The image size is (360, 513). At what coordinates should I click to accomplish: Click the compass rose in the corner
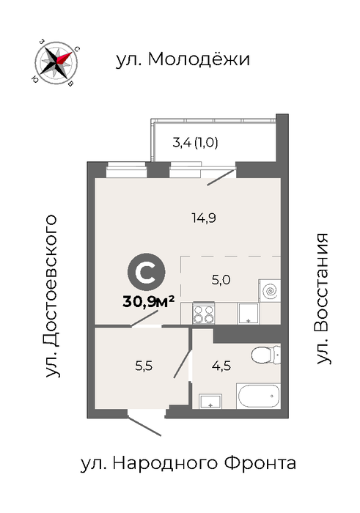(x=56, y=62)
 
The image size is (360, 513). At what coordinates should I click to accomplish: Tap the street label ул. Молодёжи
(x=183, y=59)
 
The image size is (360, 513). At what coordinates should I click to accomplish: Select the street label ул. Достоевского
(x=51, y=296)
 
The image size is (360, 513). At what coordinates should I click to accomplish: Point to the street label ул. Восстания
(x=323, y=299)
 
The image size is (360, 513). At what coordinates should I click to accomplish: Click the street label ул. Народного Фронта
(x=188, y=463)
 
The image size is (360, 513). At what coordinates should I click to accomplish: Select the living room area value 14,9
(x=204, y=218)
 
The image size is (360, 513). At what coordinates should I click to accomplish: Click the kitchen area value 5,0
(x=221, y=280)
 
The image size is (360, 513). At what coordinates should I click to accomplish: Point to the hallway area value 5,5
(x=144, y=366)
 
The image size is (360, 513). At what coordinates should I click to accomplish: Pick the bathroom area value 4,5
(x=221, y=366)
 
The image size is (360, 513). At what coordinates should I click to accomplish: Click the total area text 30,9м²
(x=149, y=301)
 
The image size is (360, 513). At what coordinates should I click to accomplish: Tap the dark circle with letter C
(x=147, y=272)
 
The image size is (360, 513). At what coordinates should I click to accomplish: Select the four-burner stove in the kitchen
(x=204, y=314)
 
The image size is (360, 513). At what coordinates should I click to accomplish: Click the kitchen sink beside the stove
(x=249, y=314)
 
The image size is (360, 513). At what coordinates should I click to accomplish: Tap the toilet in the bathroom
(x=266, y=355)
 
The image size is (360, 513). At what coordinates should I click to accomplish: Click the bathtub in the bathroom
(x=259, y=396)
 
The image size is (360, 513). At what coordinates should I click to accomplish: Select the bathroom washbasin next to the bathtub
(x=210, y=402)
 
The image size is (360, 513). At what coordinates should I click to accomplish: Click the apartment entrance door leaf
(x=144, y=426)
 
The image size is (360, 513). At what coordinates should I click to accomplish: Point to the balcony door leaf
(x=221, y=177)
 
